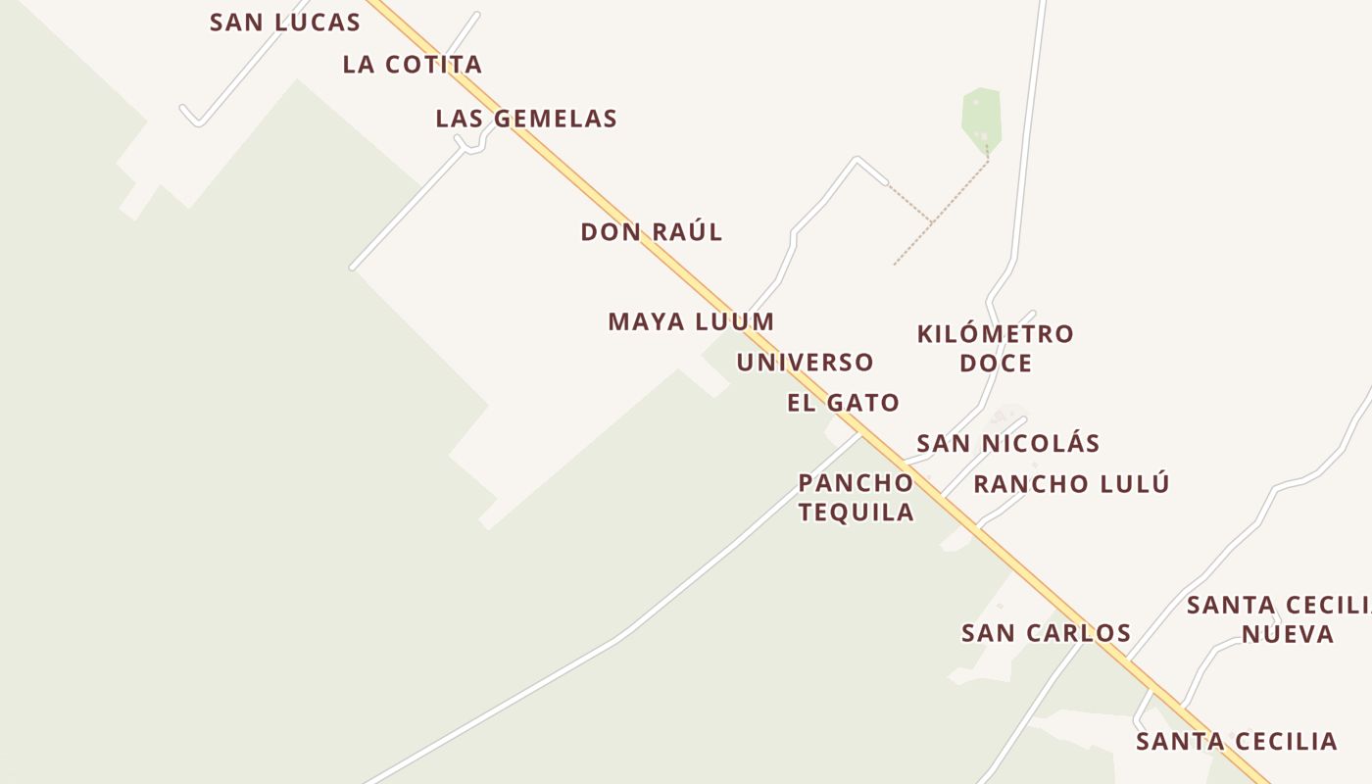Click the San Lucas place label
click(x=284, y=23)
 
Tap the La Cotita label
click(x=412, y=65)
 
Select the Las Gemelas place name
click(x=526, y=120)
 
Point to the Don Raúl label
click(x=652, y=232)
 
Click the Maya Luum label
click(x=691, y=321)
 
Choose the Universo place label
click(x=805, y=363)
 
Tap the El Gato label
click(x=843, y=403)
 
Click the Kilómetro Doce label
click(x=995, y=348)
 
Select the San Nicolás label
click(x=1007, y=443)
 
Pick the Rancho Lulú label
click(x=1071, y=484)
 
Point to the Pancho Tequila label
click(x=856, y=497)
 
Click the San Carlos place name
click(x=1046, y=633)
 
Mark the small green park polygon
click(x=981, y=118)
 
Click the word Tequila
click(x=856, y=512)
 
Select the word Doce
click(x=995, y=364)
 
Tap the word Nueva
click(x=1288, y=634)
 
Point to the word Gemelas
click(x=556, y=120)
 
